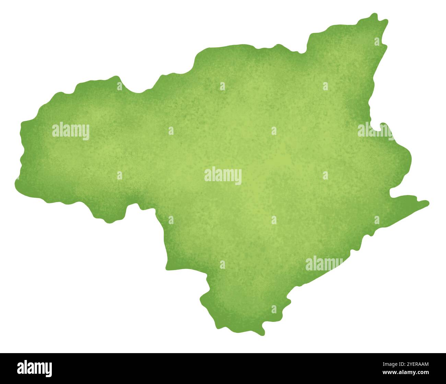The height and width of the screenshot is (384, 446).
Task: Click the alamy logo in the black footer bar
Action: (35, 368)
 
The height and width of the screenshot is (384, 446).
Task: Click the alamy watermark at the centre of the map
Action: (223, 176)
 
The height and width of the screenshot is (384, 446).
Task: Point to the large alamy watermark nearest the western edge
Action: (71, 131)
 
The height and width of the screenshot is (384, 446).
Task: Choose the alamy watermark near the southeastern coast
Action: (324, 264)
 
